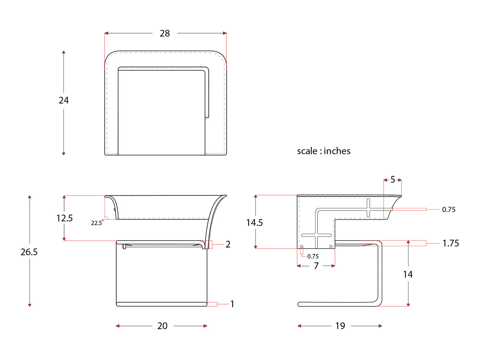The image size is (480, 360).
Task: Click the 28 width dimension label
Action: pyautogui.click(x=165, y=33)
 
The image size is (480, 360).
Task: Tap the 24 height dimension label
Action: pyautogui.click(x=63, y=100)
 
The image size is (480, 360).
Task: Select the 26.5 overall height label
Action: pyautogui.click(x=29, y=252)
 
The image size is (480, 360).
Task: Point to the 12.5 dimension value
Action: pyautogui.click(x=64, y=218)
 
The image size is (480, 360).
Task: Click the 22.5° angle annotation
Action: pyautogui.click(x=97, y=223)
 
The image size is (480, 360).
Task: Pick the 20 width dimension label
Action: pyautogui.click(x=162, y=326)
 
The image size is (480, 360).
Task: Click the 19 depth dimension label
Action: pyautogui.click(x=340, y=326)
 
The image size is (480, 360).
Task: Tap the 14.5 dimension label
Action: pyautogui.click(x=254, y=223)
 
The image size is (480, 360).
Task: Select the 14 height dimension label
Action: pyautogui.click(x=408, y=274)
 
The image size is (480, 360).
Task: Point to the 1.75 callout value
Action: pyautogui.click(x=451, y=243)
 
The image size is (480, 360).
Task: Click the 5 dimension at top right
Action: pyautogui.click(x=393, y=180)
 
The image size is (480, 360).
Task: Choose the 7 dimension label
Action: pyautogui.click(x=316, y=266)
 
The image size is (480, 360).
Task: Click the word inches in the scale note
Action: pyautogui.click(x=337, y=151)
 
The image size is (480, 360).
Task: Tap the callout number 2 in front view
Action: pyautogui.click(x=228, y=244)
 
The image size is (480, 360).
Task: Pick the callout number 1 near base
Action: pyautogui.click(x=232, y=304)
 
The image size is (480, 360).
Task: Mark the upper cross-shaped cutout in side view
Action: pyautogui.click(x=369, y=208)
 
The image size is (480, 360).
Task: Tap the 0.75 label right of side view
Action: pyautogui.click(x=448, y=209)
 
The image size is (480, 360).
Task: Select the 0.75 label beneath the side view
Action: pyautogui.click(x=313, y=256)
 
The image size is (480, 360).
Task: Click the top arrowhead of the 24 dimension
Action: pyautogui.click(x=63, y=52)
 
